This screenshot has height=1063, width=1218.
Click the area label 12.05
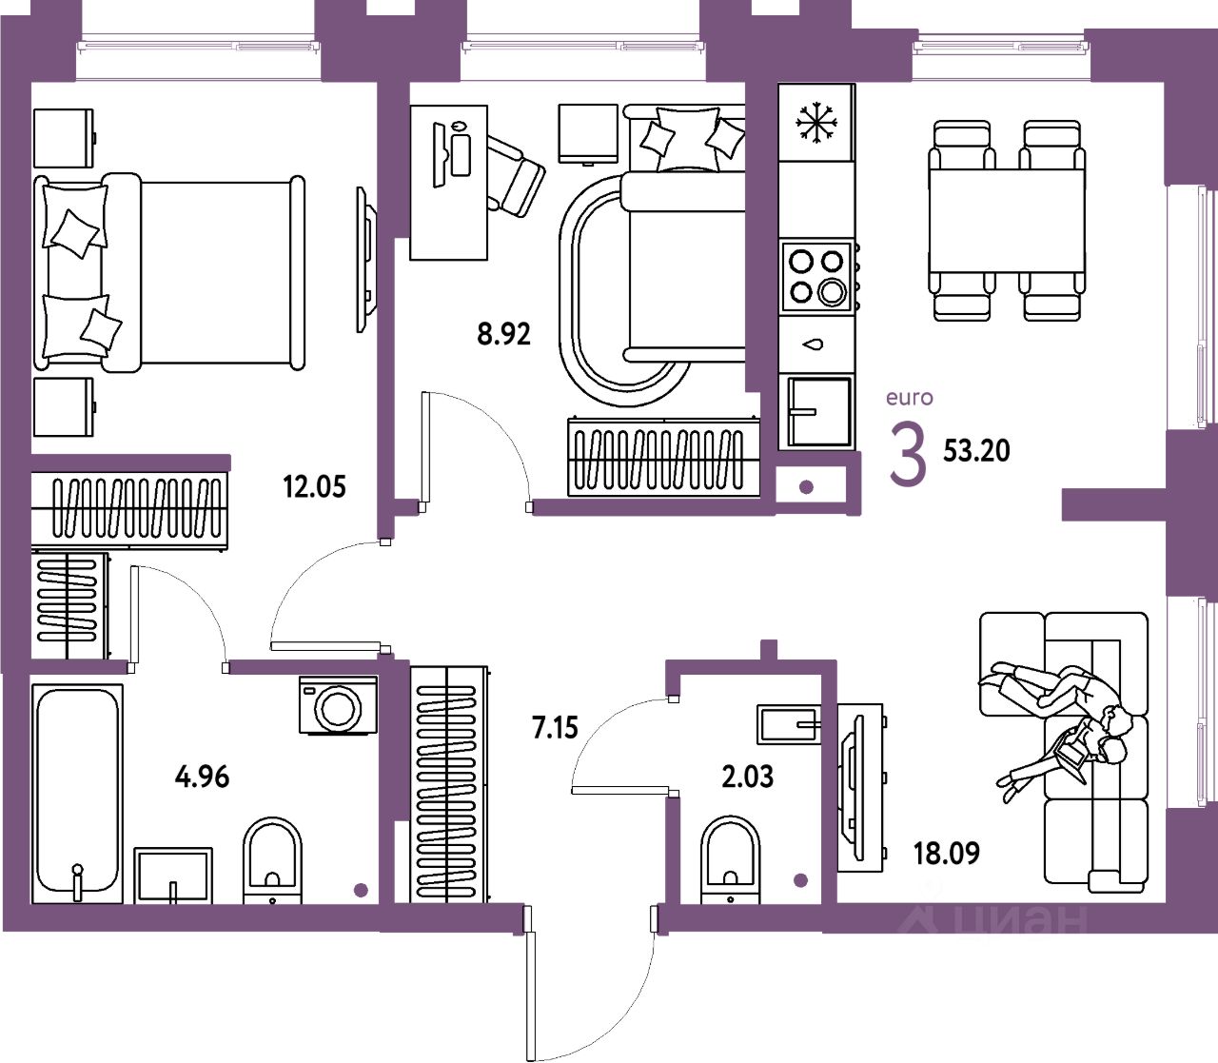click(x=314, y=487)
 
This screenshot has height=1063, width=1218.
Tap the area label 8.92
click(x=503, y=334)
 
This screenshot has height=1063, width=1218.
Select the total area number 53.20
click(x=976, y=450)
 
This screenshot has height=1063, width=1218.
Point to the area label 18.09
click(x=946, y=853)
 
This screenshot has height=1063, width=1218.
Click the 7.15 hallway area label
click(x=555, y=728)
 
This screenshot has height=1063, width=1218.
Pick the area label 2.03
click(x=748, y=777)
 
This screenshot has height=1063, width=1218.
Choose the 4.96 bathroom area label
click(x=203, y=777)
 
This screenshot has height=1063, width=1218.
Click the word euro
click(x=910, y=398)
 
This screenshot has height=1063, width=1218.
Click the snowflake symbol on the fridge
click(x=816, y=124)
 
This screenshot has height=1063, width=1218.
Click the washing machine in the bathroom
click(x=338, y=705)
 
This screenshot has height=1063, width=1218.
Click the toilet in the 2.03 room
click(x=731, y=857)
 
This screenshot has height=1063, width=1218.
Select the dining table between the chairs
click(x=1008, y=221)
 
